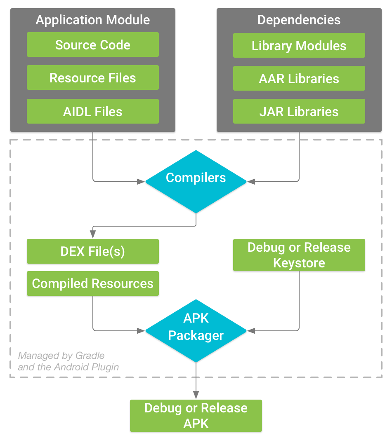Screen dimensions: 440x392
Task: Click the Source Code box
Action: [x=93, y=45]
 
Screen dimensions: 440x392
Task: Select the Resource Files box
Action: [x=93, y=78]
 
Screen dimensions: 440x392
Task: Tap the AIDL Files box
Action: [x=93, y=111]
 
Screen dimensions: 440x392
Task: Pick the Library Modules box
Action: [x=299, y=45]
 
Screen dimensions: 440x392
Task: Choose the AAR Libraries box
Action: [x=299, y=79]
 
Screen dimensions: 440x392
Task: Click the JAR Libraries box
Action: [x=299, y=112]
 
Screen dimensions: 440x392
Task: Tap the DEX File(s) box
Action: [x=93, y=251]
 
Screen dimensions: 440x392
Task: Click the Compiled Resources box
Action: [x=93, y=283]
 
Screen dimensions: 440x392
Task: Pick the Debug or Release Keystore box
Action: [x=299, y=255]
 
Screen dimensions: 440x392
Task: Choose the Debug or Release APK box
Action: [x=196, y=416]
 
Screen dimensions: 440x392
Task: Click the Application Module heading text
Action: [x=93, y=20]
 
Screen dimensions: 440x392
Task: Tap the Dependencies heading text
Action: [x=299, y=20]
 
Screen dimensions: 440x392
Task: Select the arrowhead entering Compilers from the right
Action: [x=250, y=181]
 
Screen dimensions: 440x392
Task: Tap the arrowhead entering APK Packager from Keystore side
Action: [x=250, y=330]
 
